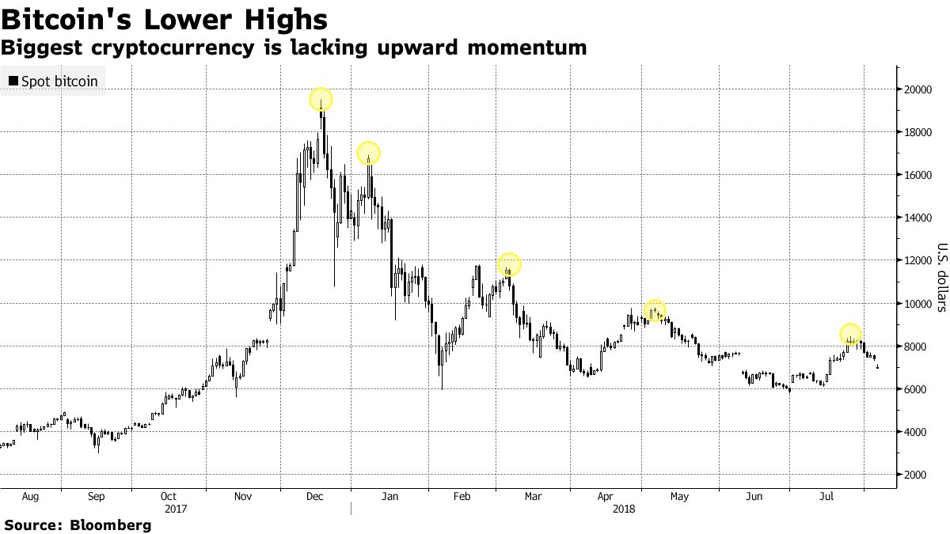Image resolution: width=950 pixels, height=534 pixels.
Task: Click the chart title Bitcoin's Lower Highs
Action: (x=165, y=19)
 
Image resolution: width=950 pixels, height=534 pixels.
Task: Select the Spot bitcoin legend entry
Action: (x=53, y=81)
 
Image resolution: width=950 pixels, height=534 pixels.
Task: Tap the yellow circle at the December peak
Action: (x=321, y=100)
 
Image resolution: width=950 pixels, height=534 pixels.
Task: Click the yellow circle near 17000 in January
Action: (x=368, y=153)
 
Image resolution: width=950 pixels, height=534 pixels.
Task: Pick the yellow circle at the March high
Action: (x=509, y=264)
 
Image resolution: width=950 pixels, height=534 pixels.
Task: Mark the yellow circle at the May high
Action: (x=655, y=311)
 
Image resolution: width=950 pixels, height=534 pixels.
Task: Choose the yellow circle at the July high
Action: (x=850, y=334)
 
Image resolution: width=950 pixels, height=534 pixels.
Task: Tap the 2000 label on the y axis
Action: (x=916, y=475)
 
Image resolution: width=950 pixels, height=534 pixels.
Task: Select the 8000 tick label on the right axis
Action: (x=916, y=347)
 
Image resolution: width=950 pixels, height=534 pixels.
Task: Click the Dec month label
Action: (x=314, y=497)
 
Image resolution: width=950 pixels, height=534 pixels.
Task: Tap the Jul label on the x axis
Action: (x=827, y=497)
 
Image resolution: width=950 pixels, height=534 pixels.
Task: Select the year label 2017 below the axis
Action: (x=175, y=509)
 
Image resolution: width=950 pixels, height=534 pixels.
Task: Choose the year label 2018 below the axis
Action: (x=624, y=509)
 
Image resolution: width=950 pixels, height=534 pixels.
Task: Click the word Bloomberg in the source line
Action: (x=111, y=525)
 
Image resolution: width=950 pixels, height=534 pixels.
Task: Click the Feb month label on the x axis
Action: (x=462, y=497)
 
